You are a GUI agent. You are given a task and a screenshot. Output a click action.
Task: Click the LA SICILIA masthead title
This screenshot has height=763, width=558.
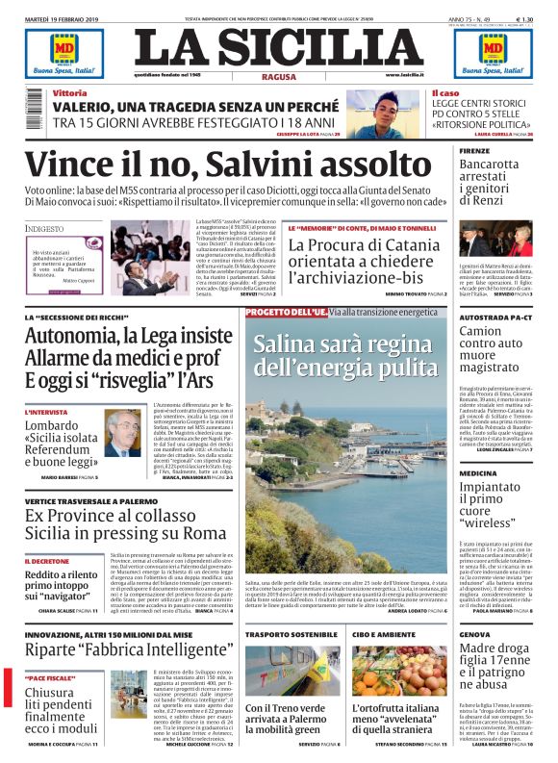[x=278, y=47]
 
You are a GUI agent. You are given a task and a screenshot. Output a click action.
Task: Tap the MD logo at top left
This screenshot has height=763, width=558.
[x=50, y=47]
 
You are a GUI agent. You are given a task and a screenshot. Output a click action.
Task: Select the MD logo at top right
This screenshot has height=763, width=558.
[x=507, y=47]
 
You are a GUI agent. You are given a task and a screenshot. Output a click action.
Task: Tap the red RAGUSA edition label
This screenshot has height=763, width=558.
[x=278, y=74]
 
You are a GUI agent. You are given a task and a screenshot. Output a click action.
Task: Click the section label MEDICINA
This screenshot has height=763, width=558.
[x=478, y=473]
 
